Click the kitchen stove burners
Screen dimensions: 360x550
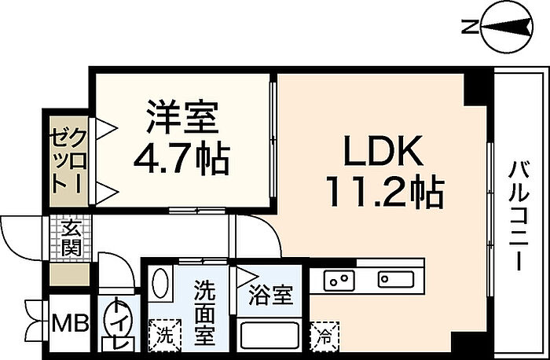pyautogui.click(x=339, y=279)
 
